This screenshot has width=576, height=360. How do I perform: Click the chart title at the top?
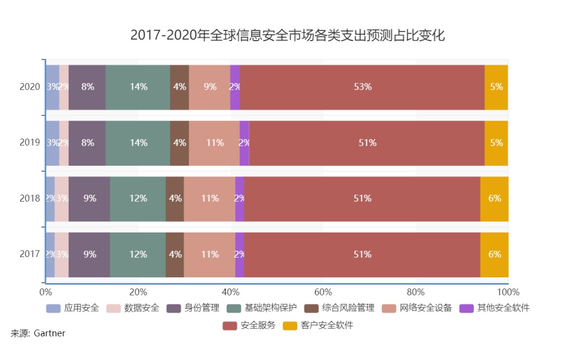pos(287,36)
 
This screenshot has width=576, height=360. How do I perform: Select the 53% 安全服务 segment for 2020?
pos(362,87)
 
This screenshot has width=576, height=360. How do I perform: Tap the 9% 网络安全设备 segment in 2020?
pos(210,87)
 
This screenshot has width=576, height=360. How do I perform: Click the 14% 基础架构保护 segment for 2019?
pos(138,143)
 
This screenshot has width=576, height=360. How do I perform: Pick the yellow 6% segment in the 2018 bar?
pos(494,198)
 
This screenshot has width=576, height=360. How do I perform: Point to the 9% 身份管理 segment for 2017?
pos(90,254)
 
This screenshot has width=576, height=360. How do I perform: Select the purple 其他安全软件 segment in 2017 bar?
pos(239,254)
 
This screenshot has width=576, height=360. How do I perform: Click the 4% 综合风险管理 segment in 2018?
pos(174,198)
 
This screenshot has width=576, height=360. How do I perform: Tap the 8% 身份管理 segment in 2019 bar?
pos(87,143)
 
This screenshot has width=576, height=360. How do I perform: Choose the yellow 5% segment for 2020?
pos(496,87)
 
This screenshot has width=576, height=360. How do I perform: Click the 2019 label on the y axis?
pos(30,143)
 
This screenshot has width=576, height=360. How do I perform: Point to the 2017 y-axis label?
pos(30,254)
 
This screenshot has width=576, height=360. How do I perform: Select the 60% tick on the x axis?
pos(323,292)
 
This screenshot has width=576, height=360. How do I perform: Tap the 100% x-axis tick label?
pos(508,292)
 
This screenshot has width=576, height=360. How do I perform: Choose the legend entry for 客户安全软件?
pos(318,325)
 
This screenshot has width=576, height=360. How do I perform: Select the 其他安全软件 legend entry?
pos(496,308)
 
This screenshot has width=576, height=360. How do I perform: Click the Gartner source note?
pos(38,333)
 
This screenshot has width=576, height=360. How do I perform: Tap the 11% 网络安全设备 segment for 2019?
pos(214,143)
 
